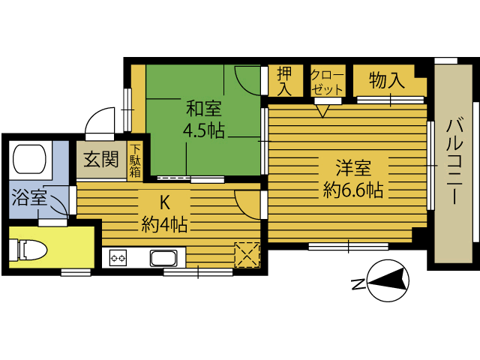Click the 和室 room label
coord(204,109)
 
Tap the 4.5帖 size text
coord(204,130)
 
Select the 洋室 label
coord(353,168)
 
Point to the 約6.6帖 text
coord(353,190)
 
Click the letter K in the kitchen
coord(165,202)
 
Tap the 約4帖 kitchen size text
coord(164,225)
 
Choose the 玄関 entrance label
coord(101,160)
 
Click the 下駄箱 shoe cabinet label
coord(135,160)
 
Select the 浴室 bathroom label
coord(29,197)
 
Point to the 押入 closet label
coord(285,81)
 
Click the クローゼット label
coord(327,82)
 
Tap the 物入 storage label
coord(387,80)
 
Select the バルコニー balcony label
coord(454,162)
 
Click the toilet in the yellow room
coord(28,250)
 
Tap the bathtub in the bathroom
coord(30,160)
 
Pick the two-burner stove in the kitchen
coord(118,258)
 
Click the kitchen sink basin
coord(163,258)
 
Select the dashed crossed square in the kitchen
coord(247,255)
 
